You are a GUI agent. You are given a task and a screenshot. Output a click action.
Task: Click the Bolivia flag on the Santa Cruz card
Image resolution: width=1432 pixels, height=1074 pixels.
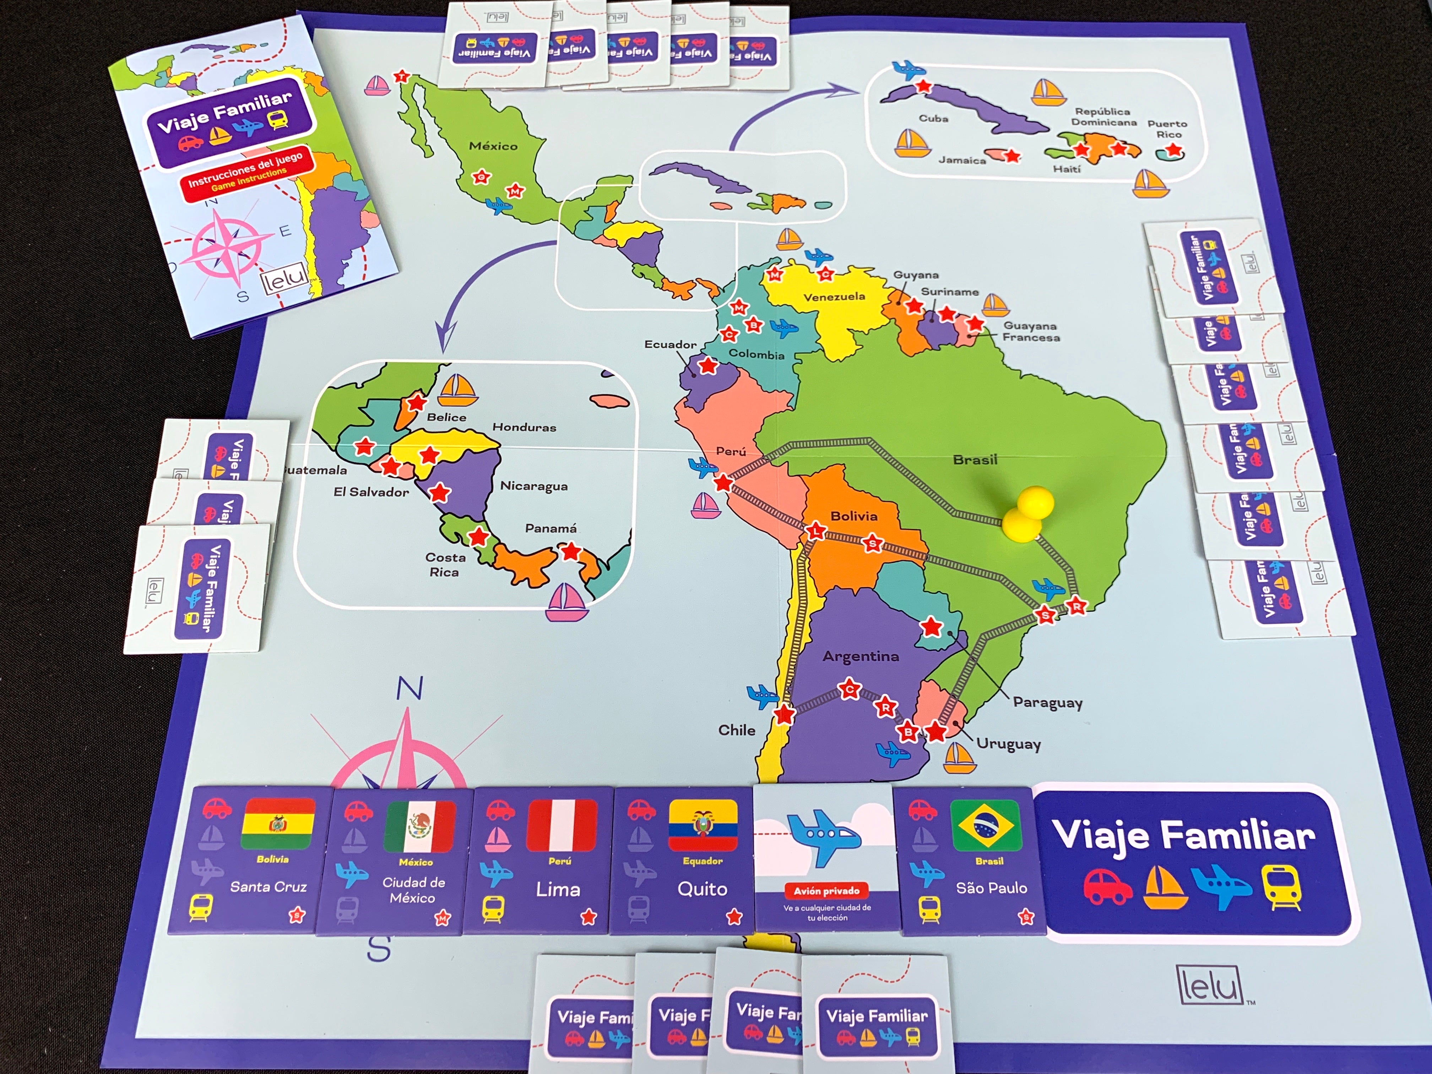(278, 824)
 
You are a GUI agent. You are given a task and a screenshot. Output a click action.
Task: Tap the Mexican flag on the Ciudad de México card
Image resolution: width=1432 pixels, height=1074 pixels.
(419, 827)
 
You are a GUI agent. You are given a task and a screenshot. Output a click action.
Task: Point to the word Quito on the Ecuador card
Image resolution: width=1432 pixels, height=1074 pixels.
(703, 889)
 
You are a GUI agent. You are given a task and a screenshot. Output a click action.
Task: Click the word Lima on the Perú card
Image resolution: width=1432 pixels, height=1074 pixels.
(557, 890)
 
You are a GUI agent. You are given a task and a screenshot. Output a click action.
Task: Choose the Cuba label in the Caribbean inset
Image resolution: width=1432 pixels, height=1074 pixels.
(933, 119)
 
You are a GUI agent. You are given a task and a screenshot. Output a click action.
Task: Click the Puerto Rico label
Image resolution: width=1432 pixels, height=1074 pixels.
(1167, 129)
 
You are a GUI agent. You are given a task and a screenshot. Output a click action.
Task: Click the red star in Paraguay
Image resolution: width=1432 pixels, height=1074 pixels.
(931, 626)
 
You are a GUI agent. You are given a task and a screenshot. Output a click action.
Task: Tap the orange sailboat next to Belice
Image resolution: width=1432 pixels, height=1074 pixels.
(458, 390)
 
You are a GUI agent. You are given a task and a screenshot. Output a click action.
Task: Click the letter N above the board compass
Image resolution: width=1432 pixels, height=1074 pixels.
(409, 688)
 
